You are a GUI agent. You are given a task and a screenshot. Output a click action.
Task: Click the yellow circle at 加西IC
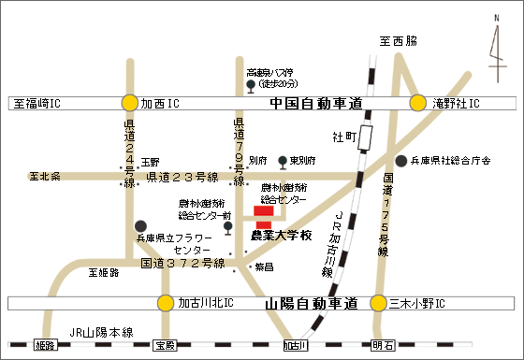click(x=129, y=103)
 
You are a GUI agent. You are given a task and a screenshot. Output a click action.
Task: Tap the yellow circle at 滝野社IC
click(x=418, y=103)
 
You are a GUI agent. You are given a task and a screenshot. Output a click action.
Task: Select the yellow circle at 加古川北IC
click(x=166, y=303)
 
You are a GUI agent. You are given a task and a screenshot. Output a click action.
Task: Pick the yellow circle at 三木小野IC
click(x=378, y=303)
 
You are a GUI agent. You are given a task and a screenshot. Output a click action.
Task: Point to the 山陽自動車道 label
click(x=312, y=304)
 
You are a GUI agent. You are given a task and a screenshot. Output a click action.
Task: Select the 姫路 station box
click(x=45, y=346)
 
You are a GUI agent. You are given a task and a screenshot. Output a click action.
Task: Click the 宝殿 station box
click(x=166, y=346)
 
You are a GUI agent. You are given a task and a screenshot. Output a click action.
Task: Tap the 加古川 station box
click(x=296, y=346)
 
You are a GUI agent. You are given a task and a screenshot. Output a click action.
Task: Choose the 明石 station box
click(x=382, y=346)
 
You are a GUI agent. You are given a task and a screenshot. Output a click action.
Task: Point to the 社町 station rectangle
click(x=365, y=137)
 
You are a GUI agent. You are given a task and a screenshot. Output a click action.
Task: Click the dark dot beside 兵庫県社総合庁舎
click(x=400, y=161)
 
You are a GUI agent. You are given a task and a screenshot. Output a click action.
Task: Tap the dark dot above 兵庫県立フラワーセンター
click(x=140, y=225)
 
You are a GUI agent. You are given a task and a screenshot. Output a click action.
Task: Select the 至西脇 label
click(x=397, y=42)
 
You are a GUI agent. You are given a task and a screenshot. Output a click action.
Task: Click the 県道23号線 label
click(x=182, y=177)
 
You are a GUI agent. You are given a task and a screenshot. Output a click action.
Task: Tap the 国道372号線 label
click(x=182, y=264)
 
